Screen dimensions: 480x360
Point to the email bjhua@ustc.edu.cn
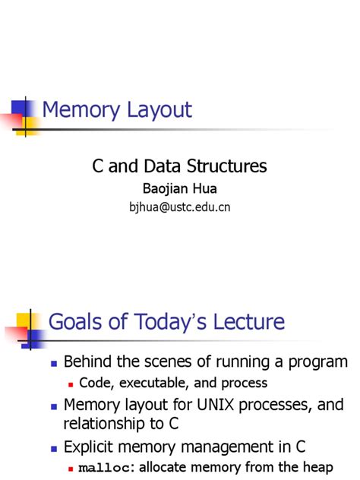click(180, 206)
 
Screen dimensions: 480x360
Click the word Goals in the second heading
click(74, 322)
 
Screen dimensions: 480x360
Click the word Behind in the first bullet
click(88, 362)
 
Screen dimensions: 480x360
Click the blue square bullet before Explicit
click(52, 447)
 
